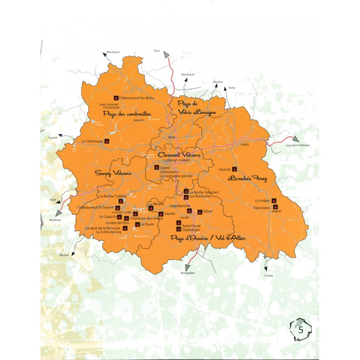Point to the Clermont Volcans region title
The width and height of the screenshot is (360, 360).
179,154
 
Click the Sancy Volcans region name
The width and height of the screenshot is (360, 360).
113,173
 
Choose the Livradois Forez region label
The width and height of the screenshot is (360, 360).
247,178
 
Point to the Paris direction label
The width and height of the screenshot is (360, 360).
157,51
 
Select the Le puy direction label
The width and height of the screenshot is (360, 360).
269,275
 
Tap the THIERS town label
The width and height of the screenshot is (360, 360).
244,145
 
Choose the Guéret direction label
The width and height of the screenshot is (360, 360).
53,137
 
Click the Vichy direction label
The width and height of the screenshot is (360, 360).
232,87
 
